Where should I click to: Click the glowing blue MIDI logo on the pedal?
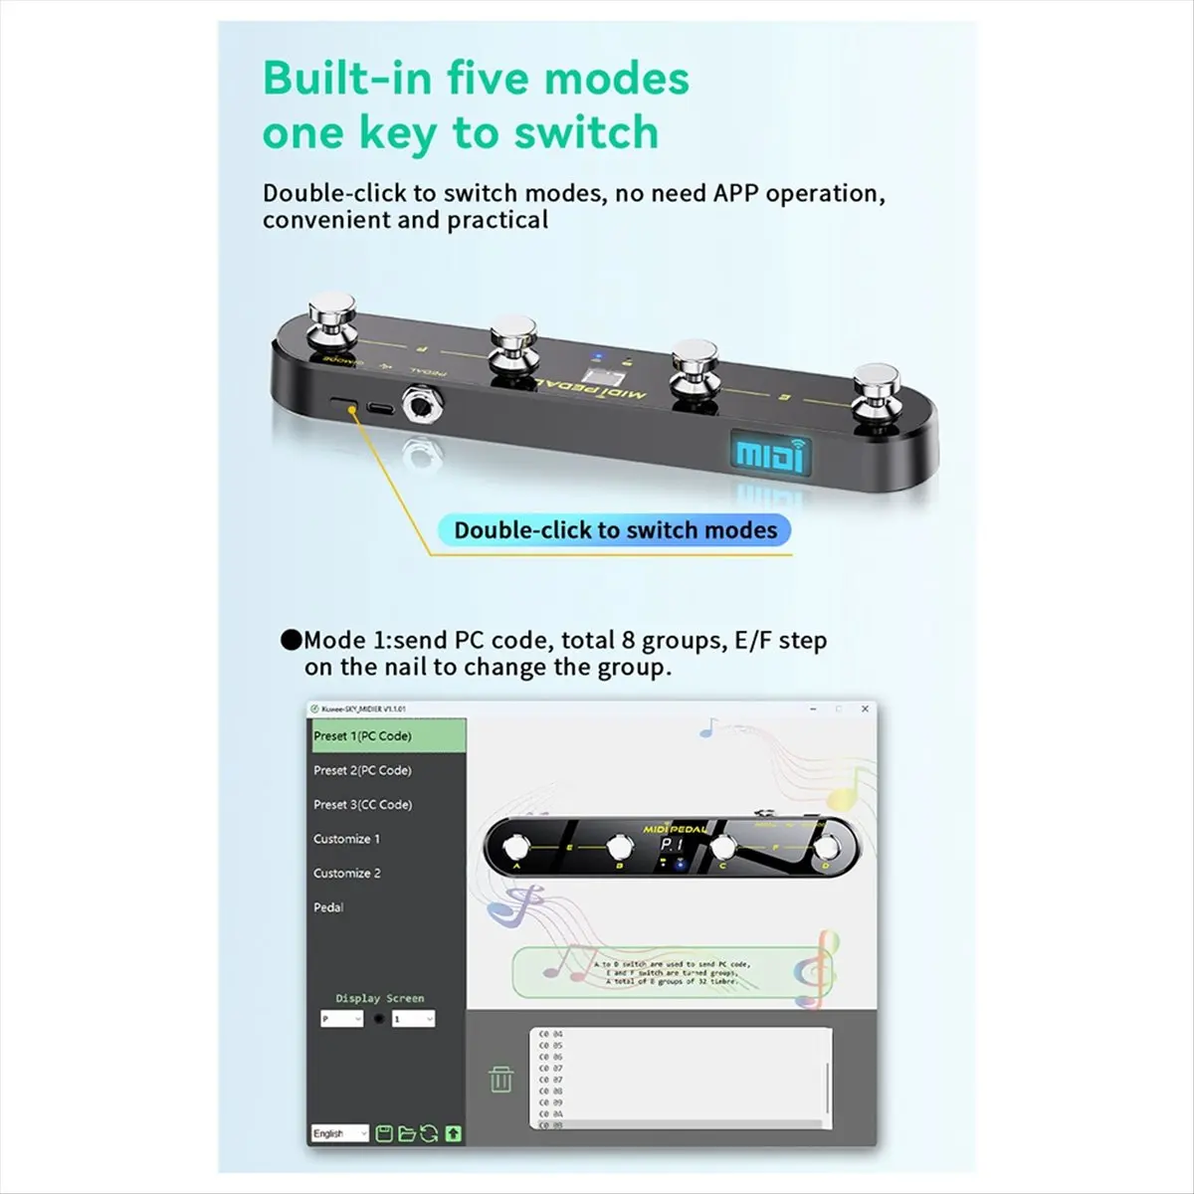click(769, 455)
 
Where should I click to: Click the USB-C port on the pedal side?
click(379, 407)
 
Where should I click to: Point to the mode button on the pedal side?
click(345, 403)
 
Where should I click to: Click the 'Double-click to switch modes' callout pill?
click(615, 530)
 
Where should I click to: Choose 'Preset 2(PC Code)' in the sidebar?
click(362, 770)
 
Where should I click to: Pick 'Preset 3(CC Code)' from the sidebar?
click(362, 804)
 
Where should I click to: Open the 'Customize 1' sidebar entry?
click(346, 839)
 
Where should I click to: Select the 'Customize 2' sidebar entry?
click(347, 873)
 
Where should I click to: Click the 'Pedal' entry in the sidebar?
click(328, 907)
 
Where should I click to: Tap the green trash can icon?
click(501, 1079)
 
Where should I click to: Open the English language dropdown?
click(339, 1133)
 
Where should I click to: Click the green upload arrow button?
click(454, 1133)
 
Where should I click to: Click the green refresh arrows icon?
click(430, 1133)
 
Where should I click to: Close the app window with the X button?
click(865, 708)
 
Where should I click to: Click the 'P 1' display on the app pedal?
click(673, 845)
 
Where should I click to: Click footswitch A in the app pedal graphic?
click(515, 848)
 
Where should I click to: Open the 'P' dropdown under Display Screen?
click(340, 1019)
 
